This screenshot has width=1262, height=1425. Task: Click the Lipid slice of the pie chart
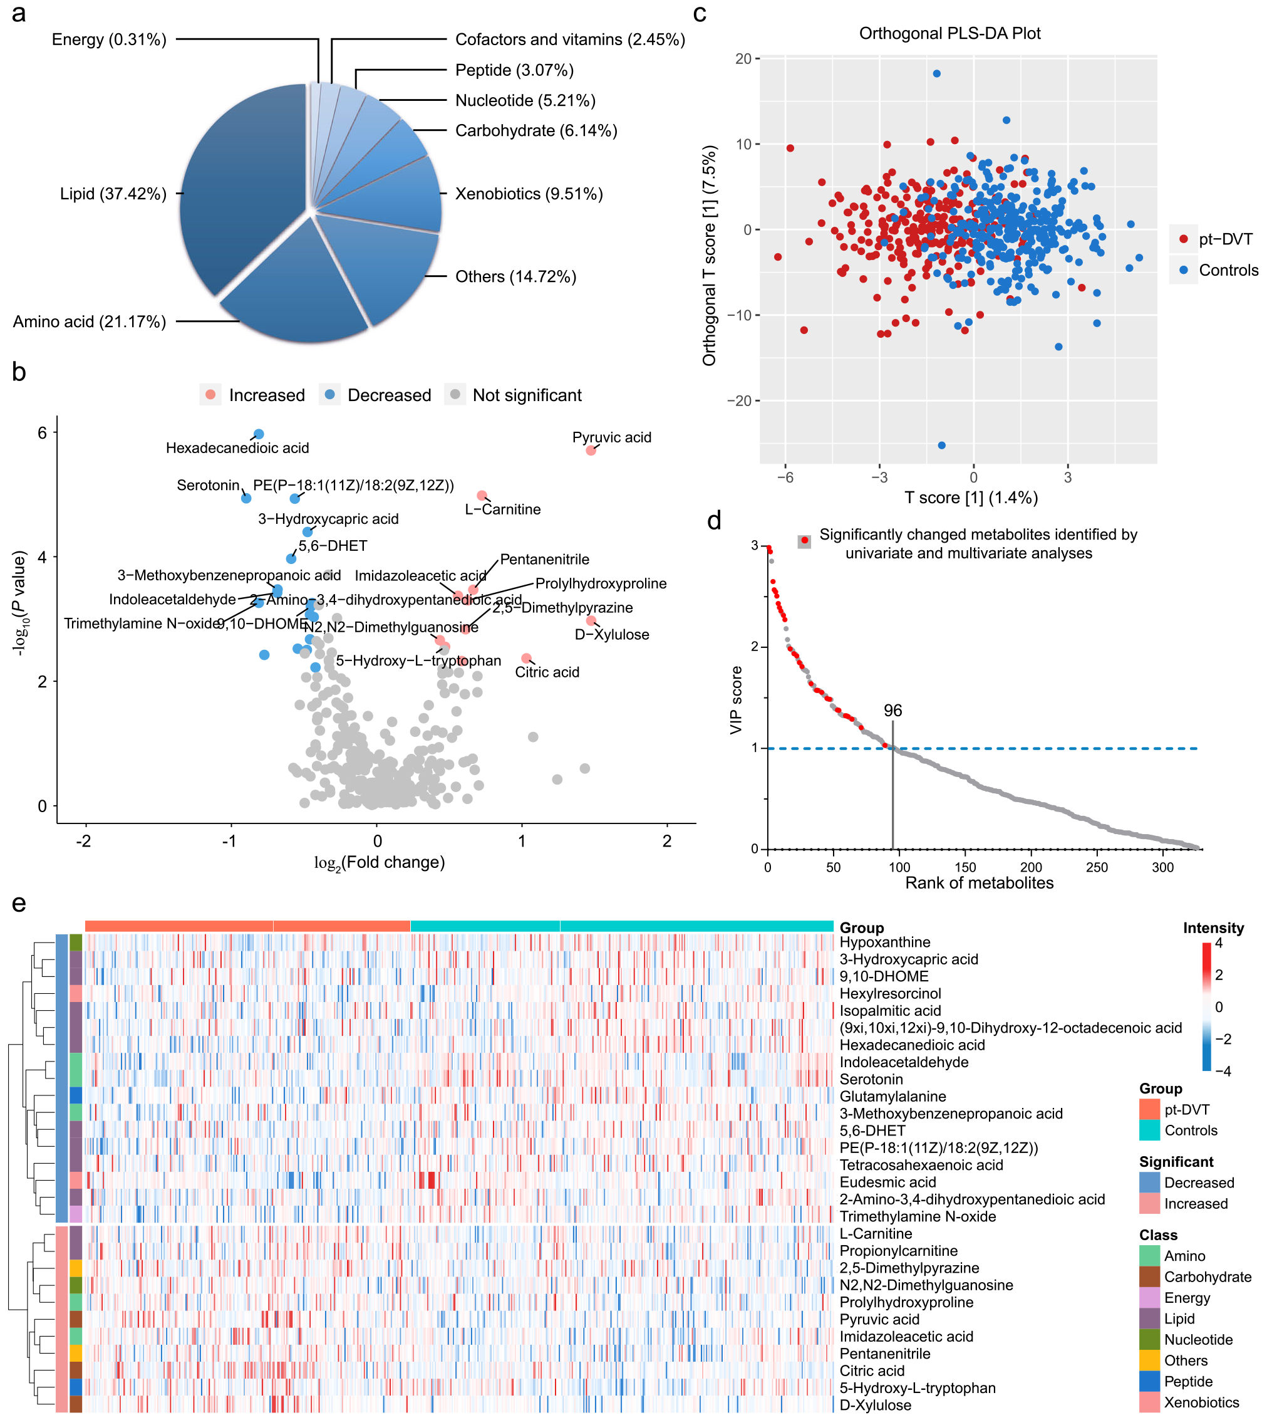[237, 188]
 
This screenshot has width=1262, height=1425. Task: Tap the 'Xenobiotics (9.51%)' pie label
[529, 194]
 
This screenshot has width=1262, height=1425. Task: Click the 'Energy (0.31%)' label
[109, 39]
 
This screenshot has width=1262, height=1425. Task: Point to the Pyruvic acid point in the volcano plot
[591, 451]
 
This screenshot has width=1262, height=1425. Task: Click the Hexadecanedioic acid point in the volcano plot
[259, 434]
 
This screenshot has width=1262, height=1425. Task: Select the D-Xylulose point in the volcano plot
[591, 620]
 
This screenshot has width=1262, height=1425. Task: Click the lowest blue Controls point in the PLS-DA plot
[941, 446]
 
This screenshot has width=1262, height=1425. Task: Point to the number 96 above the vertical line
[892, 711]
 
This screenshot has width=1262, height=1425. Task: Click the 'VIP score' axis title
[736, 699]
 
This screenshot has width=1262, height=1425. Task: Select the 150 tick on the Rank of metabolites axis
[965, 867]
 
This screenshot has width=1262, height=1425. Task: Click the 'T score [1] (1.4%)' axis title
[971, 498]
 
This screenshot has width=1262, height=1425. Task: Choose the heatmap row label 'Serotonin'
[871, 1080]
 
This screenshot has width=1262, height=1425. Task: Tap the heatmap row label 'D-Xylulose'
[875, 1405]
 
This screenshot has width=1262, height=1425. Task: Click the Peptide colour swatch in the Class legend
[1149, 1381]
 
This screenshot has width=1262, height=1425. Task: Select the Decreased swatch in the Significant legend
[1149, 1182]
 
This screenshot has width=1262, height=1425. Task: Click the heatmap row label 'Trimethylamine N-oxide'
[917, 1216]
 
